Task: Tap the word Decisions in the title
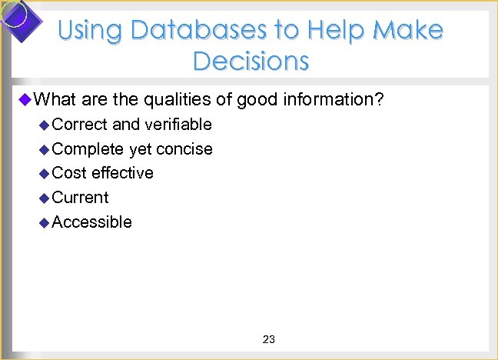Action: [x=251, y=61]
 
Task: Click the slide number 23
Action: [x=269, y=339]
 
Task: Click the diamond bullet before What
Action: [x=25, y=99]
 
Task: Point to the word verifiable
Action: [x=178, y=124]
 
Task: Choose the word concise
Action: [x=184, y=148]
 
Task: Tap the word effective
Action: [x=122, y=172]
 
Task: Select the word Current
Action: [x=81, y=197]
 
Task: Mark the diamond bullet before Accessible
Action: [x=44, y=222]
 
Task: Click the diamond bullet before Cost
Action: [x=44, y=173]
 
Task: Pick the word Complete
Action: [x=88, y=148]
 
